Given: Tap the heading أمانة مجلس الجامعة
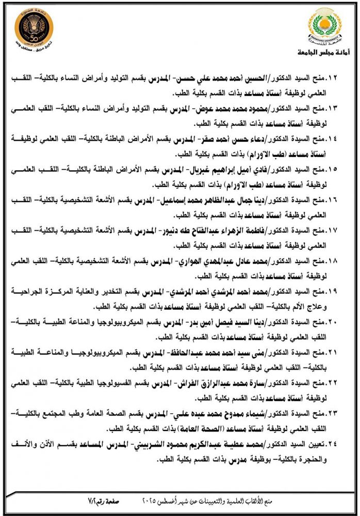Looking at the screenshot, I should click(319, 53).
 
